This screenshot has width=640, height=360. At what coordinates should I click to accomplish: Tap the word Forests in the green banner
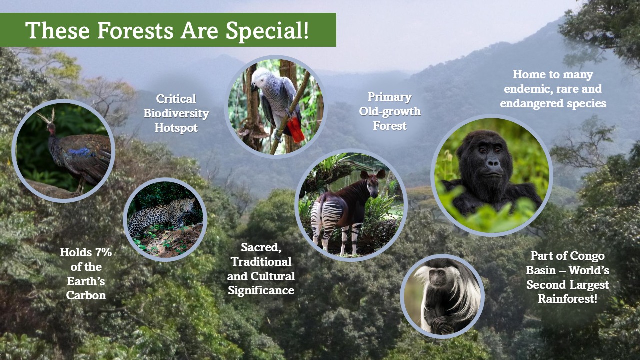click(135, 30)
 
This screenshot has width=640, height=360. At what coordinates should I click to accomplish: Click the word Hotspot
click(176, 128)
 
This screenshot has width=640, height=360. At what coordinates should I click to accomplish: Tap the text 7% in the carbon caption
click(103, 252)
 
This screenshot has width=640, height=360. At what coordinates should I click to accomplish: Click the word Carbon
click(86, 295)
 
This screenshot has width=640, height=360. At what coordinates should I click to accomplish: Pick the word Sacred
click(261, 247)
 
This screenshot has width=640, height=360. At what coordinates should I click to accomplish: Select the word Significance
click(261, 291)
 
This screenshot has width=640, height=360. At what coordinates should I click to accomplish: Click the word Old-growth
click(390, 111)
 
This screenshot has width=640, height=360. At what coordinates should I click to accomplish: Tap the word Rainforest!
click(567, 299)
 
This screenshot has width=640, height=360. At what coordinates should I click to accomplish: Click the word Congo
click(588, 256)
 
